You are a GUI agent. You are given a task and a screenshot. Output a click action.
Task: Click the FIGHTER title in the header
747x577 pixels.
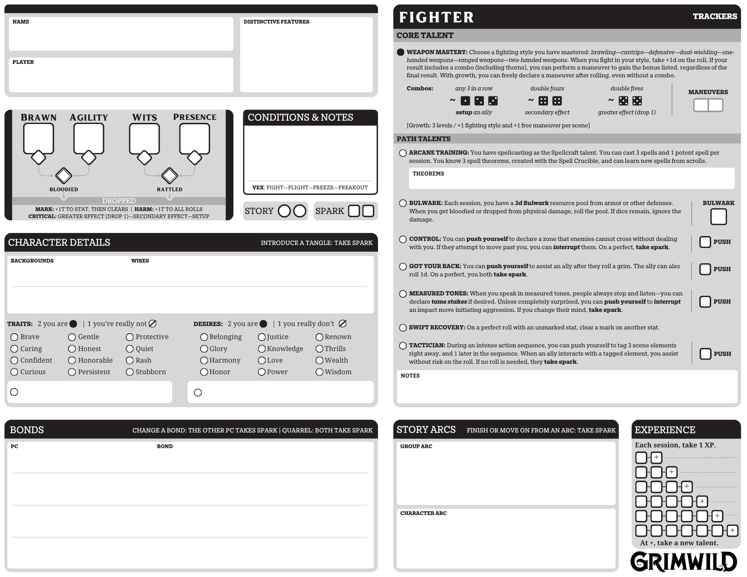pyautogui.click(x=436, y=17)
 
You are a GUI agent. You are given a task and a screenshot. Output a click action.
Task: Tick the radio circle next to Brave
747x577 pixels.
pyautogui.click(x=14, y=337)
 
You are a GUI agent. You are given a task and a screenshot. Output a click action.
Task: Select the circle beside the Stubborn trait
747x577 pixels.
pyautogui.click(x=130, y=372)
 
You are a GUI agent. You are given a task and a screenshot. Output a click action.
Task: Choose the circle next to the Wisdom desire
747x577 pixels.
pyautogui.click(x=319, y=372)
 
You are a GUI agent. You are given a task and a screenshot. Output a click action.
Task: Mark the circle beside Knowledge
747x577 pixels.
pyautogui.click(x=262, y=349)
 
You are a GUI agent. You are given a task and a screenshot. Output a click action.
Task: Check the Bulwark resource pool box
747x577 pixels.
pyautogui.click(x=718, y=217)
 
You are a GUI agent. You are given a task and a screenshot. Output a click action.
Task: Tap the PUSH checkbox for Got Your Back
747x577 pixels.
pyautogui.click(x=705, y=269)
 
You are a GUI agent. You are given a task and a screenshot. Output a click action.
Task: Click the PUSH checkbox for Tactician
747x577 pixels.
pyautogui.click(x=705, y=354)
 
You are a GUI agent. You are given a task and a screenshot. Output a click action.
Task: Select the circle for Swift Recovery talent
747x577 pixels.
pyautogui.click(x=403, y=328)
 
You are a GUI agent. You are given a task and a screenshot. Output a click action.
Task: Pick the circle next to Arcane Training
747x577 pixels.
pyautogui.click(x=403, y=153)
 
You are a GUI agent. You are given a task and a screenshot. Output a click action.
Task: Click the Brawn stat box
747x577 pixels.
pyautogui.click(x=38, y=138)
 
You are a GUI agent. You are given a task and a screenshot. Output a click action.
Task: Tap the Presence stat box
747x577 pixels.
pyautogui.click(x=195, y=138)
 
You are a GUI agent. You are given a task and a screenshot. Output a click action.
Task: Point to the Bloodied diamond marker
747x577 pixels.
pyautogui.click(x=64, y=176)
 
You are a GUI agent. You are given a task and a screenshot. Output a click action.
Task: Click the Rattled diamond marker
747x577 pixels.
pyautogui.click(x=170, y=176)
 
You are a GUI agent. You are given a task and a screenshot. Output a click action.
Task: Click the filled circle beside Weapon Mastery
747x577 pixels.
pyautogui.click(x=401, y=52)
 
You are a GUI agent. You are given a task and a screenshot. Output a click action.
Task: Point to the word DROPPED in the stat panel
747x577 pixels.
pyautogui.click(x=119, y=201)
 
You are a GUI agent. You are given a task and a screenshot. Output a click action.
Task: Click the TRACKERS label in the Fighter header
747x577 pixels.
pyautogui.click(x=715, y=16)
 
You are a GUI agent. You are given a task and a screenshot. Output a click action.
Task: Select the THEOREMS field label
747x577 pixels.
pyautogui.click(x=428, y=174)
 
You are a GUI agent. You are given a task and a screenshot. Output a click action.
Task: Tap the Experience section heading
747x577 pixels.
pyautogui.click(x=665, y=430)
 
